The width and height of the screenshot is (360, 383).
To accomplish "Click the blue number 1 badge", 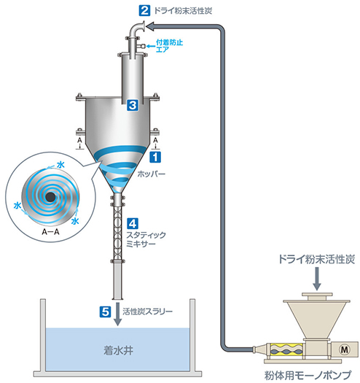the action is pyautogui.click(x=155, y=157).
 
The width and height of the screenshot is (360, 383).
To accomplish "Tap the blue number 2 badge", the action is pyautogui.click(x=145, y=11).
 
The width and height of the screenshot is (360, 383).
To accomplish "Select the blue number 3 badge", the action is pyautogui.click(x=133, y=105).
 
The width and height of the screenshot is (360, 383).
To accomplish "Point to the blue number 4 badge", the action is pyautogui.click(x=133, y=224).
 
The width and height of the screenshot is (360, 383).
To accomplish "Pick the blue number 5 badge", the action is pyautogui.click(x=106, y=312).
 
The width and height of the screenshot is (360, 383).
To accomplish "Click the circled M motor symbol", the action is pyautogui.click(x=344, y=349).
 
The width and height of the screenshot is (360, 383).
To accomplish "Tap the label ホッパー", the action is pyautogui.click(x=152, y=174).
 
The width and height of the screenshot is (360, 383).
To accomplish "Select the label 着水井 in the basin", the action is pyautogui.click(x=118, y=351).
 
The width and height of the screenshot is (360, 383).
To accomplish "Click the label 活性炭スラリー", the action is pyautogui.click(x=147, y=312).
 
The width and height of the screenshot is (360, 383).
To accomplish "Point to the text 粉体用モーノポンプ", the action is pyautogui.click(x=308, y=375).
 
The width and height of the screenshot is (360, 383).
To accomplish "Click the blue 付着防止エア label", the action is pyautogui.click(x=169, y=46).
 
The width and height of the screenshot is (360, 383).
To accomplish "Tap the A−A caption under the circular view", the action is pyautogui.click(x=50, y=231).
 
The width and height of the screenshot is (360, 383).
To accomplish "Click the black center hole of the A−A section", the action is pyautogui.click(x=50, y=197).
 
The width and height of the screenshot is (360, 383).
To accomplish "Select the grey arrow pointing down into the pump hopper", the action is pyautogui.click(x=317, y=279).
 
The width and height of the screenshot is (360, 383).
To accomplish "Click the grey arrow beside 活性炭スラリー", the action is pyautogui.click(x=118, y=314).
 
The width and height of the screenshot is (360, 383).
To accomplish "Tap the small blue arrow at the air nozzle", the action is pyautogui.click(x=151, y=46).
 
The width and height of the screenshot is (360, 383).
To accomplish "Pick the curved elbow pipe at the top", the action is pyautogui.click(x=137, y=29).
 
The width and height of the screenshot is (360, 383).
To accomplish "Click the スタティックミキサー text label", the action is pyautogui.click(x=146, y=239).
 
